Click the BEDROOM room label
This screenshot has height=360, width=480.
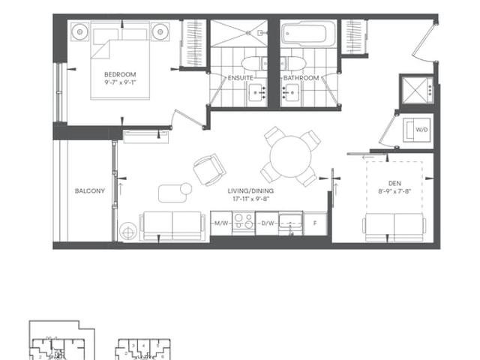pyautogui.click(x=120, y=74)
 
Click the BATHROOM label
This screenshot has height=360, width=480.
pyautogui.click(x=301, y=78)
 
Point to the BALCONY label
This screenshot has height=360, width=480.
pyautogui.click(x=89, y=191)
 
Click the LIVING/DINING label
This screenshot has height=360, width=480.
pyautogui.click(x=251, y=191)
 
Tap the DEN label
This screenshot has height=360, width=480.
pyautogui.click(x=394, y=182)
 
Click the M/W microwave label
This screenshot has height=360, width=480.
pyautogui.click(x=220, y=223)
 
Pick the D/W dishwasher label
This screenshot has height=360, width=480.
pyautogui.click(x=267, y=223)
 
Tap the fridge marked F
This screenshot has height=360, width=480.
pyautogui.click(x=315, y=223)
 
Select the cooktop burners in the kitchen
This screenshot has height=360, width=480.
pyautogui.click(x=243, y=223)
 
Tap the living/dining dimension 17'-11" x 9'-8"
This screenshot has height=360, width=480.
pyautogui.click(x=251, y=200)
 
